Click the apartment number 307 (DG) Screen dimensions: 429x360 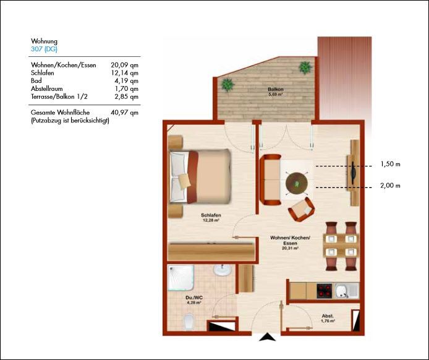[x=44, y=49]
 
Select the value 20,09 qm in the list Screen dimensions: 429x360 [x=124, y=65]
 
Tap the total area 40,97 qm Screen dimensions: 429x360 [x=124, y=113]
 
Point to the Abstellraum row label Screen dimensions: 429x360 [x=47, y=88]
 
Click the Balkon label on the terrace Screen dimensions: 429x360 [x=275, y=89]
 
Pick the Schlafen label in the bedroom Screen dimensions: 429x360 [x=211, y=215]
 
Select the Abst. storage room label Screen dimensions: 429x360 [x=328, y=316]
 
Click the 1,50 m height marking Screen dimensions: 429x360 [x=390, y=164]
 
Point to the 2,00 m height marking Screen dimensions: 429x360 [x=390, y=186]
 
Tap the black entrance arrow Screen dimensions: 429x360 [x=267, y=336]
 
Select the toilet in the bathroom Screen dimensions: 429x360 [x=189, y=322]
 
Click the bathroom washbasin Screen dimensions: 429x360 [x=222, y=270]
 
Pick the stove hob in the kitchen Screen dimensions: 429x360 [x=324, y=291]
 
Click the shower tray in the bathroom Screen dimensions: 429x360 [x=181, y=277]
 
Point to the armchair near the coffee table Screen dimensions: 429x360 [x=301, y=210]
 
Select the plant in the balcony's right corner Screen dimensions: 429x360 [x=305, y=67]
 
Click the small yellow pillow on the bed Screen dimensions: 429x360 [x=184, y=181]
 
